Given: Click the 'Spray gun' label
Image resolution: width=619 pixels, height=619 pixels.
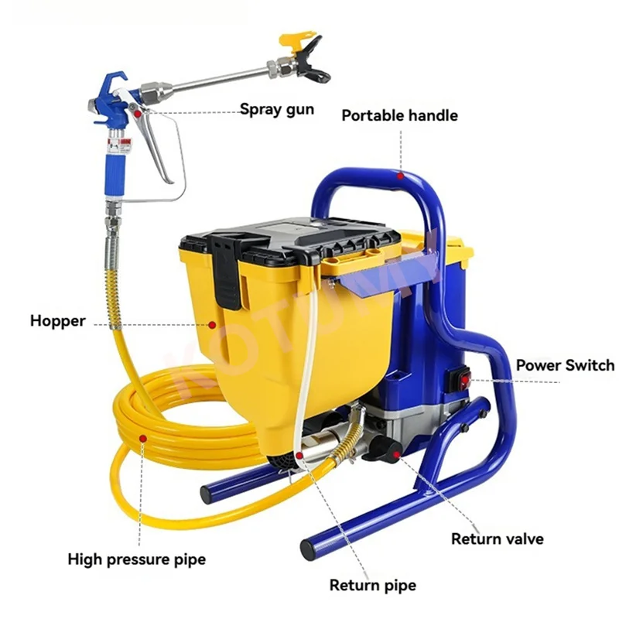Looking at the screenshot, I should tap(276, 109).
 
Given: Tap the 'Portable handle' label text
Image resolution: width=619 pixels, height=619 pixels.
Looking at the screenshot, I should tap(399, 115).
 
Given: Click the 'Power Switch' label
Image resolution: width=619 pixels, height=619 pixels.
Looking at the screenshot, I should tap(565, 365).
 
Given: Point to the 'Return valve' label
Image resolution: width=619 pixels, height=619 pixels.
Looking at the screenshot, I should tap(497, 539).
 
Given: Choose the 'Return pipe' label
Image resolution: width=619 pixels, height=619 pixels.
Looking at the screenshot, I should tap(372, 585).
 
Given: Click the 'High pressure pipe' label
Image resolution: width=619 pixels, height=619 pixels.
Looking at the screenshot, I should tap(137, 558).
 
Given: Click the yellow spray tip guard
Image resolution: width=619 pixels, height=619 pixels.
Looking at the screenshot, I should tap(299, 39).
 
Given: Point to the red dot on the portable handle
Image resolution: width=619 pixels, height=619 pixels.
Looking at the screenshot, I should tap(400, 176).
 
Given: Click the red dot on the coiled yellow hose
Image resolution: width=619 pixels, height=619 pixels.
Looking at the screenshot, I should tap(143, 438).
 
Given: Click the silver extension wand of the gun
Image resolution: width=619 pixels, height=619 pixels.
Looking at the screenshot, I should tap(209, 78).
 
